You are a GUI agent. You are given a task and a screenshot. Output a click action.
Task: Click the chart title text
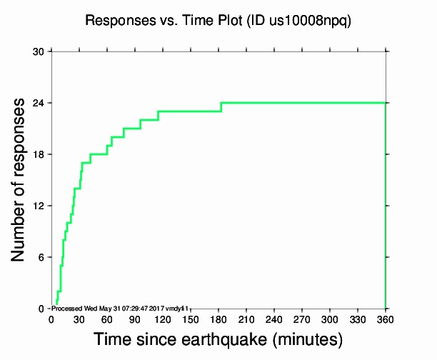point(218,21)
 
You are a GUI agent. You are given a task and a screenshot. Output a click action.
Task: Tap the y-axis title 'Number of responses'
point(21,179)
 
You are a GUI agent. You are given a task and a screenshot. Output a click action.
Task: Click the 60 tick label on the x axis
point(107,319)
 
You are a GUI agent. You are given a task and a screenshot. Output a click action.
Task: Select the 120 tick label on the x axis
point(163,319)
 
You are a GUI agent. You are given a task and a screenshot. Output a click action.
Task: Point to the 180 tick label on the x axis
point(218,319)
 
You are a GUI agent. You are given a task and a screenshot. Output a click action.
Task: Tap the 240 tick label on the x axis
point(274,319)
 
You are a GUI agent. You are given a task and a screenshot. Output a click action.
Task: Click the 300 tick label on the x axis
point(330,319)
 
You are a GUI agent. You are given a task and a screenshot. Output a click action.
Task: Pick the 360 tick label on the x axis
point(386,319)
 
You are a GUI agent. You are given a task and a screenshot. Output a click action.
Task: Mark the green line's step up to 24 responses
point(221,107)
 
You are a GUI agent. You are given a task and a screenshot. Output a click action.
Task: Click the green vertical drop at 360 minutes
point(386,207)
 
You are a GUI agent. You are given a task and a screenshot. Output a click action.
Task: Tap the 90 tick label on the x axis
point(135,319)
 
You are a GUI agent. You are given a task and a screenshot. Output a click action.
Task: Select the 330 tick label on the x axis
point(358,319)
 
